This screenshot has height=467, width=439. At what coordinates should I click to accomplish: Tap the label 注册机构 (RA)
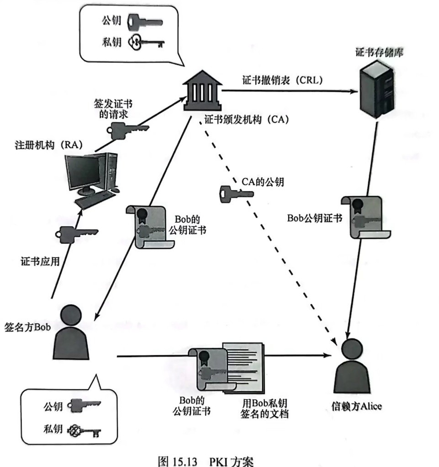click(x=48, y=146)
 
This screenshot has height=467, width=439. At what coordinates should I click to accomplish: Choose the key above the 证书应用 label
click(x=76, y=233)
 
